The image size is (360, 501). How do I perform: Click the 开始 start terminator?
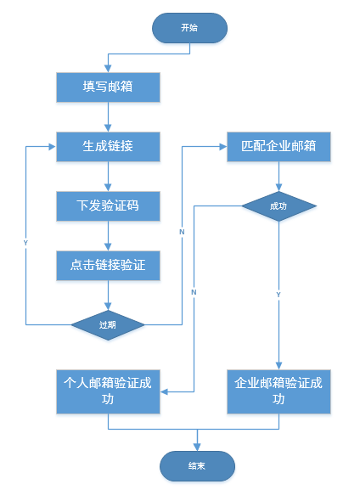(x=189, y=27)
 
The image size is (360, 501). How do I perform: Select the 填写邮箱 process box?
(x=108, y=87)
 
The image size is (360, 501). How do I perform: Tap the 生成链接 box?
(x=108, y=145)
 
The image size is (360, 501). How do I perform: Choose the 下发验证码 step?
(x=108, y=205)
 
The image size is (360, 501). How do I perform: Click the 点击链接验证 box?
(x=108, y=265)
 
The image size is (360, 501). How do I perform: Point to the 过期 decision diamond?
(x=108, y=324)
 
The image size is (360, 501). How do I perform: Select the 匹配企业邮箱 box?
(x=278, y=145)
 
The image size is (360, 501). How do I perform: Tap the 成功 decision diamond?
(x=278, y=205)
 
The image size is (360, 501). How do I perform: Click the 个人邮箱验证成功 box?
(x=108, y=391)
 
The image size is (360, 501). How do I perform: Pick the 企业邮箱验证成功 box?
(x=278, y=391)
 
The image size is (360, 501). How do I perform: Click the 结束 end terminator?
(x=197, y=465)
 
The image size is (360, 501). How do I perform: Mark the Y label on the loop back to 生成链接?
(x=25, y=243)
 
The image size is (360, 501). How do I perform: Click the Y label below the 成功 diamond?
(x=278, y=294)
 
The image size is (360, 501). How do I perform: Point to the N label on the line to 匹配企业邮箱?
(x=182, y=231)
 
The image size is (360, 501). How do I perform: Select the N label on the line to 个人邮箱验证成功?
(x=194, y=292)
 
